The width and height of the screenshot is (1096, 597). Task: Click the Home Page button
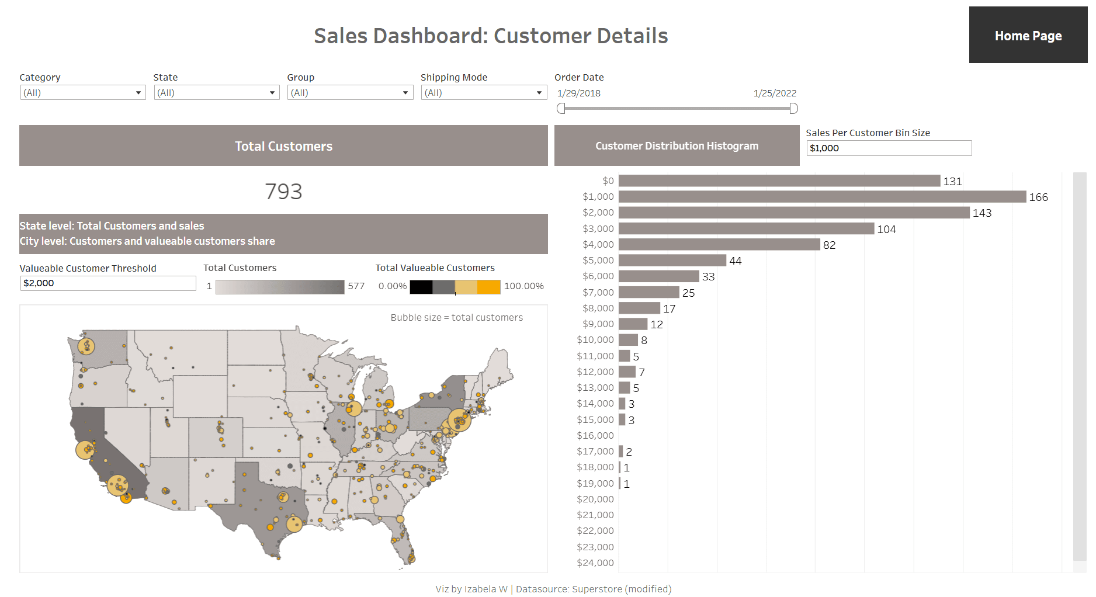1028,36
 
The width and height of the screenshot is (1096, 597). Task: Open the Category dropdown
82,92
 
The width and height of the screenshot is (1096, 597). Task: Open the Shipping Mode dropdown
483,92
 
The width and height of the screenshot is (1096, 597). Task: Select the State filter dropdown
216,92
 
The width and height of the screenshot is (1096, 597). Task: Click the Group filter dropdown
350,92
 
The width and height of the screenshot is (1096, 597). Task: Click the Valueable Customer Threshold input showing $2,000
107,283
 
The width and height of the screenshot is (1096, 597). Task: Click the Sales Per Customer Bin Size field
888,148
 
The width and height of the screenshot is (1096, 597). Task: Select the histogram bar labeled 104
746,229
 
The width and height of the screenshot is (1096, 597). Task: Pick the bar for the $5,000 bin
672,261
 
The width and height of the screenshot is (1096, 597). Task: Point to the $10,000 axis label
595,340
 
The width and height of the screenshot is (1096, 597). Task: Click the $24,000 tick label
595,563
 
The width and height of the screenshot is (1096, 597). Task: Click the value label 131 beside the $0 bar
952,182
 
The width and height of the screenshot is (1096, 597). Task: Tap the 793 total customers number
283,192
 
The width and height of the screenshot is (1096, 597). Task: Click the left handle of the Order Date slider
561,108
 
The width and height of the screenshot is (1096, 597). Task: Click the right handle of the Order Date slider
793,108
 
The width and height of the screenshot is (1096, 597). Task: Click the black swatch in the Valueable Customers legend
421,287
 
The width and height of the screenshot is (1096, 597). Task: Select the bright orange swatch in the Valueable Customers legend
489,287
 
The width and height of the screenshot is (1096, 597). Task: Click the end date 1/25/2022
775,93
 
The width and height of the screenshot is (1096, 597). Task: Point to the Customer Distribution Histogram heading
677,146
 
